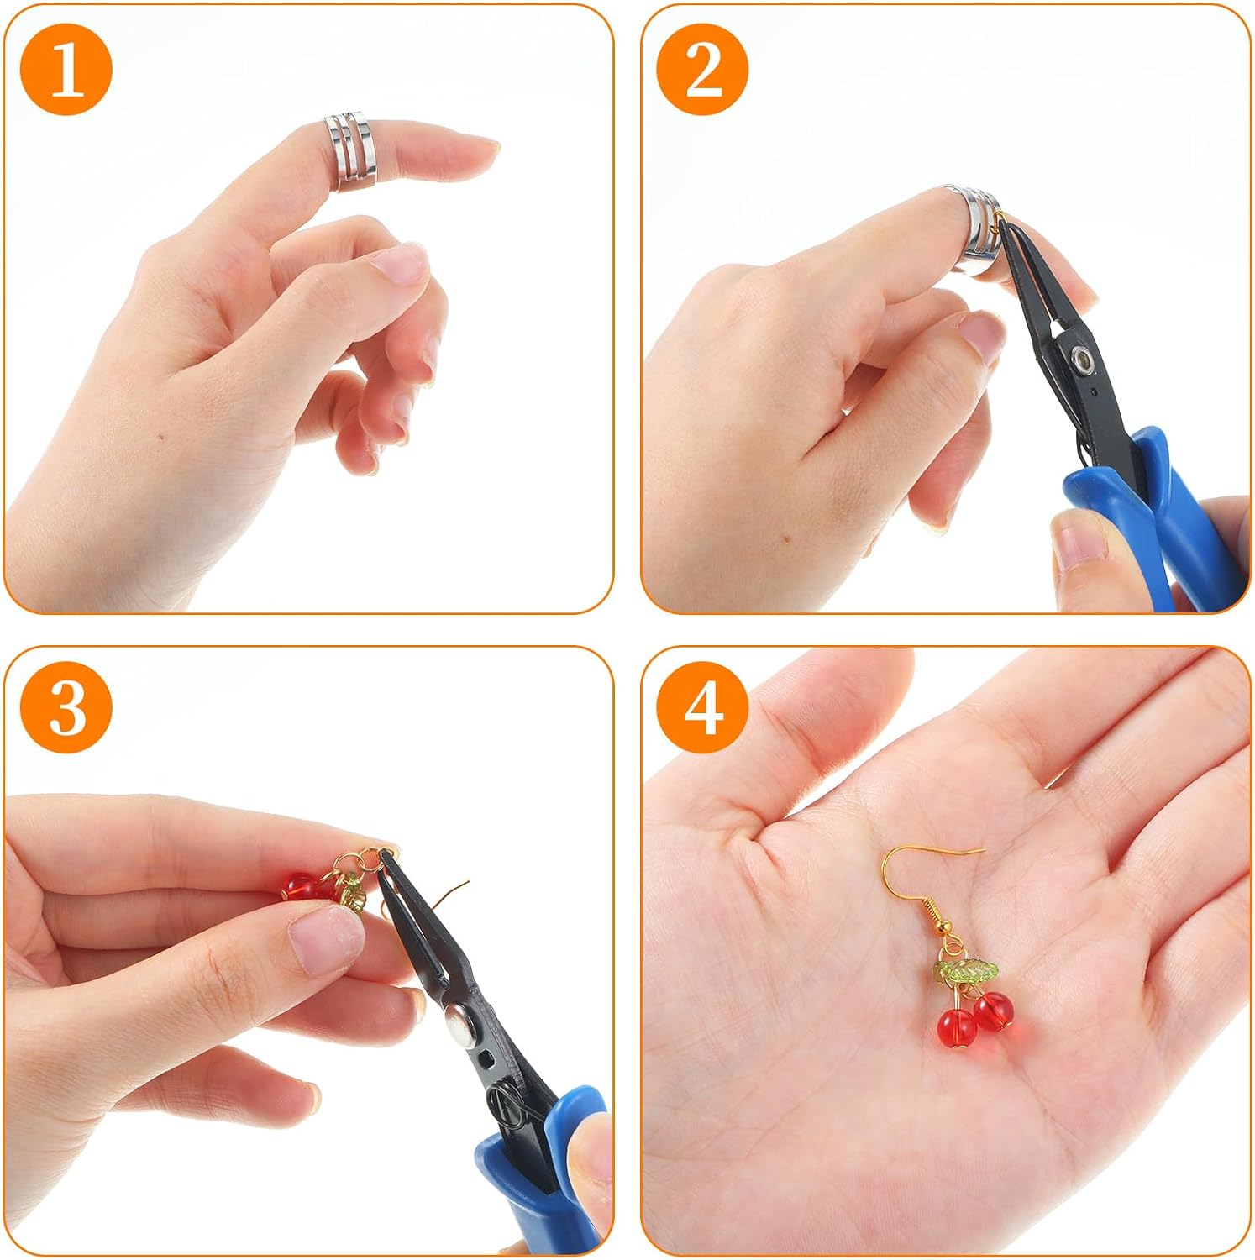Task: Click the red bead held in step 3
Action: point(299,885)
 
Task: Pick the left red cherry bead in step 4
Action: point(956,1028)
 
